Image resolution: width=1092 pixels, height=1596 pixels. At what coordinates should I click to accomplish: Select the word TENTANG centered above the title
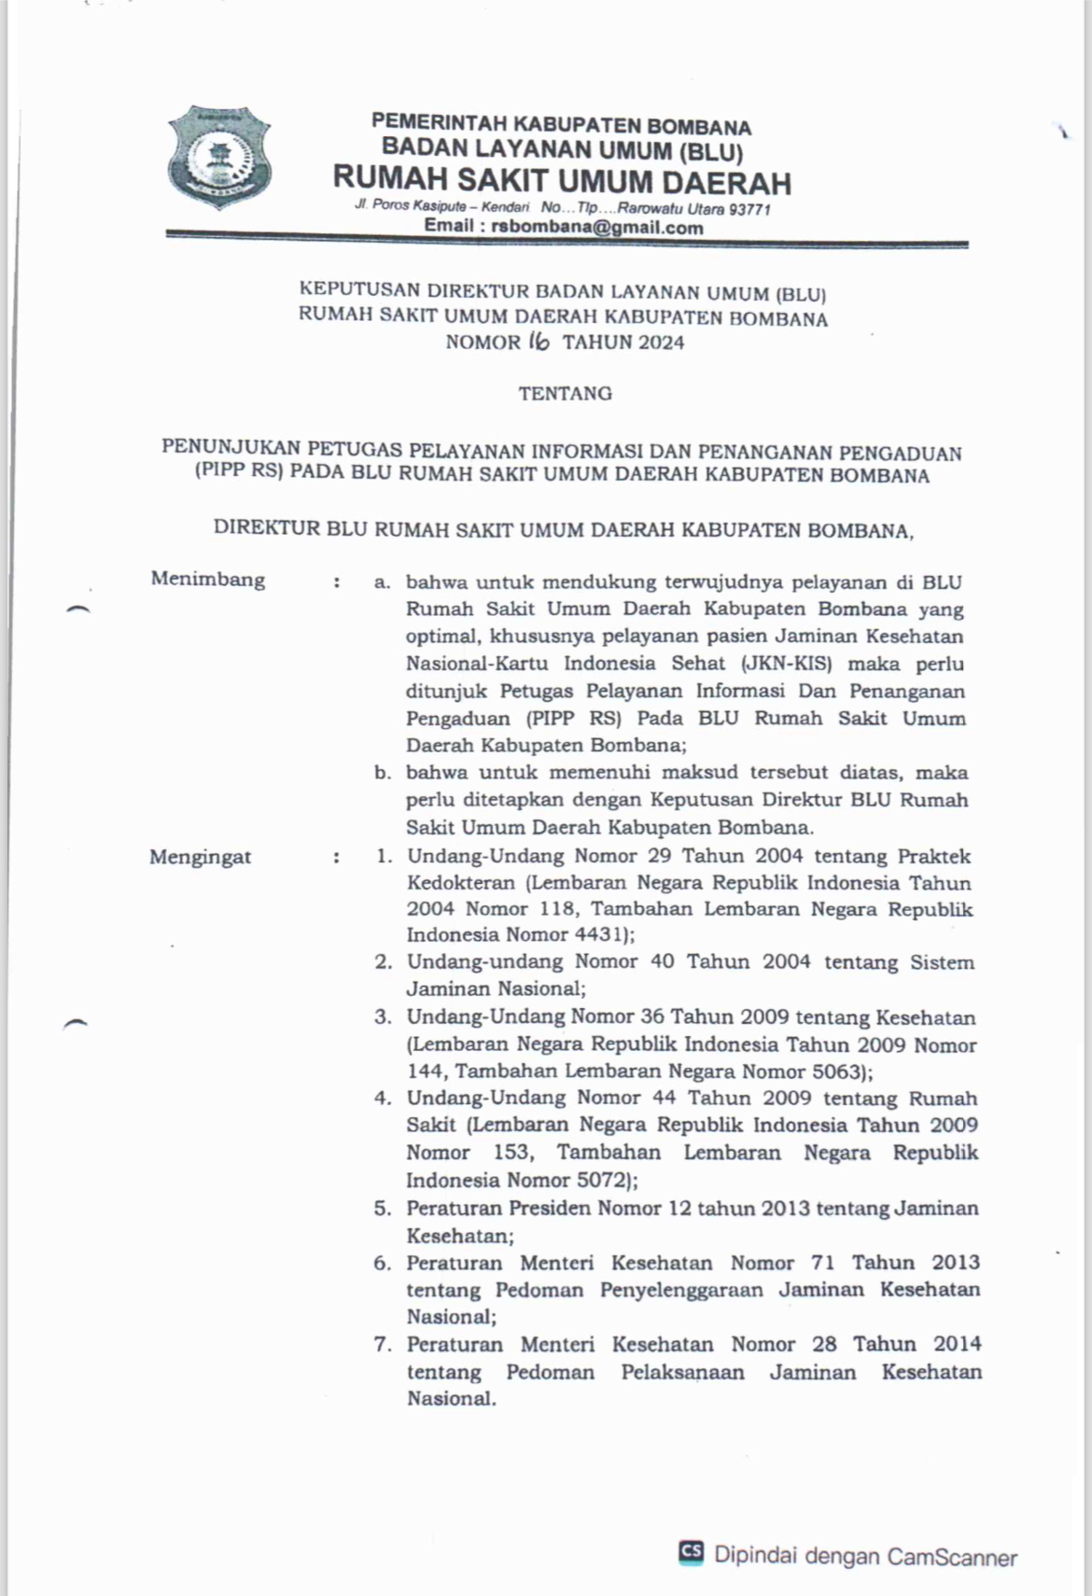[x=566, y=393]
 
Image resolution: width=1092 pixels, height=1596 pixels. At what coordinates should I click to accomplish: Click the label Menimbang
[x=208, y=580]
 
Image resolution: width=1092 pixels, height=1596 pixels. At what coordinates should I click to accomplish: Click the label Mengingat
[x=201, y=857]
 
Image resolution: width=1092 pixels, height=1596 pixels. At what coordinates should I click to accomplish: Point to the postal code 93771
[x=749, y=210]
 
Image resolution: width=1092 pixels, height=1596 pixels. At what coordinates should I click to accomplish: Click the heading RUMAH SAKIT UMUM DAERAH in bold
[x=562, y=180]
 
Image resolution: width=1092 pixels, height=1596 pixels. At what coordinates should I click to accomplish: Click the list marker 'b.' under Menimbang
[x=382, y=773]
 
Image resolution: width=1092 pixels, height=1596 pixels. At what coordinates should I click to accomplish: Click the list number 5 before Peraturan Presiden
[x=382, y=1209]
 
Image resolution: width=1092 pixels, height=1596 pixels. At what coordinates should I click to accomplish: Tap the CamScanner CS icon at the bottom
[x=691, y=1551]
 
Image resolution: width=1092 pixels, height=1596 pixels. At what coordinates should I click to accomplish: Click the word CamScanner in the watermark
[x=952, y=1556]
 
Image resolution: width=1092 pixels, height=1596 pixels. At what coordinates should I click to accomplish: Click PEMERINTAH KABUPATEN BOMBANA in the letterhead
[x=561, y=123]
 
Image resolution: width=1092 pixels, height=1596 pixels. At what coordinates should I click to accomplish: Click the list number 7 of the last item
[x=382, y=1345]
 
